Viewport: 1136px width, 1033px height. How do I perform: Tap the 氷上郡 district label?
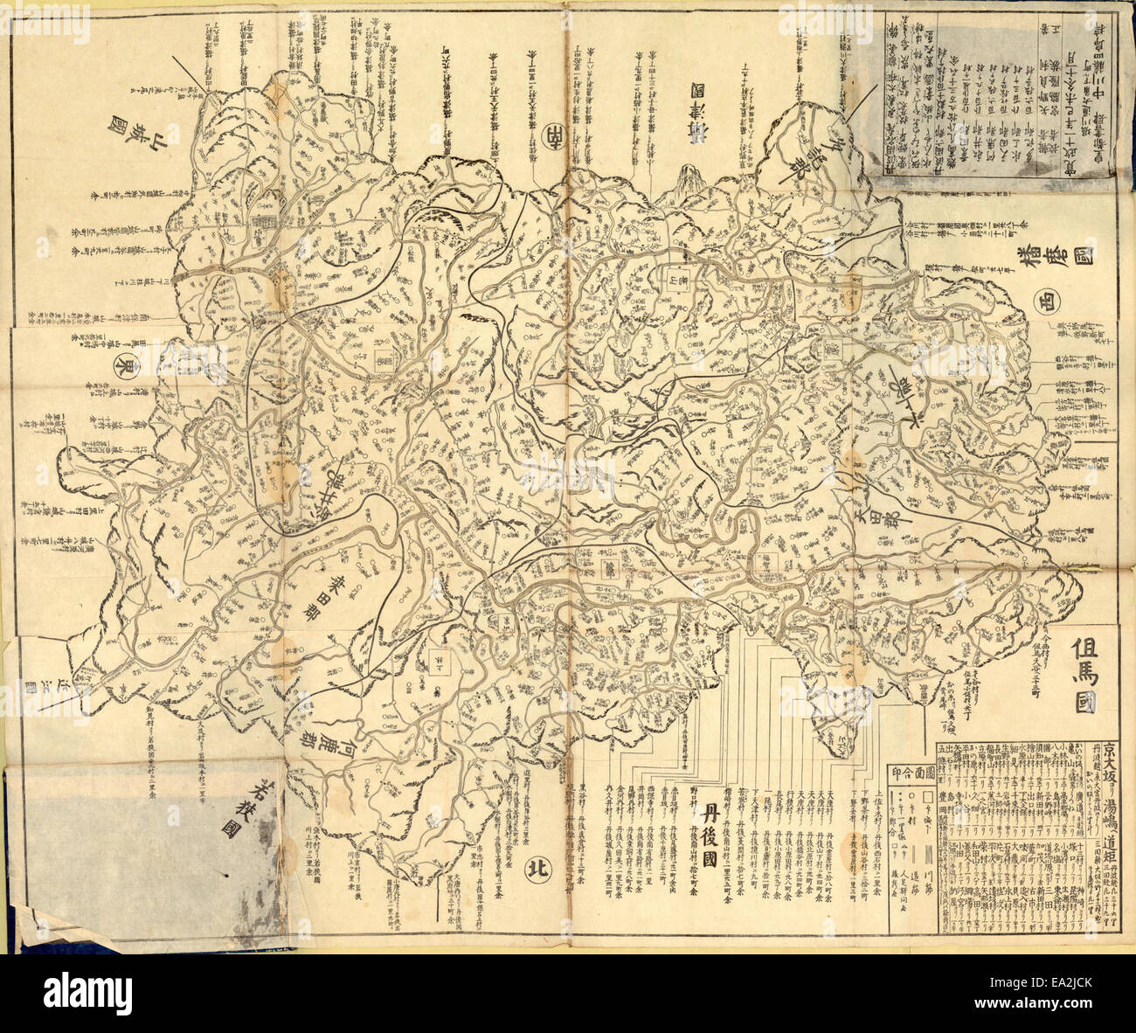(918, 393)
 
